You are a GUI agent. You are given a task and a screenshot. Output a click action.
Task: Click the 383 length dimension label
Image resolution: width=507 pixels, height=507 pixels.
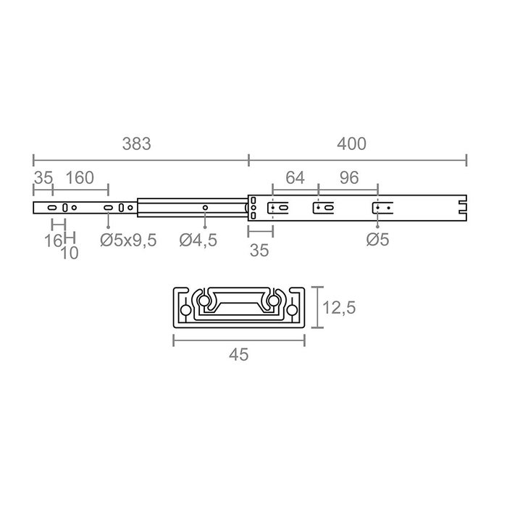[x=136, y=144]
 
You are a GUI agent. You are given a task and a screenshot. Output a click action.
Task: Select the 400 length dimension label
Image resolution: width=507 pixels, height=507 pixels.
[x=351, y=144]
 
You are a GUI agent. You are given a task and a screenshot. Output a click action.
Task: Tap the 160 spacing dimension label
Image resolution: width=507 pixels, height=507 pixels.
[x=80, y=178]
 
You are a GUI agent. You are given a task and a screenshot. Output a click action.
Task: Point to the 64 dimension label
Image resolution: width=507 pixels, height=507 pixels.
[x=295, y=178]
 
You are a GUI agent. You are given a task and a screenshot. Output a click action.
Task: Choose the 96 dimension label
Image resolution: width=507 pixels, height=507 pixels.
[x=349, y=178]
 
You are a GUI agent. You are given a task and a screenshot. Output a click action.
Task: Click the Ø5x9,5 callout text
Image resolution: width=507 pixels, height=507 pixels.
[x=128, y=240]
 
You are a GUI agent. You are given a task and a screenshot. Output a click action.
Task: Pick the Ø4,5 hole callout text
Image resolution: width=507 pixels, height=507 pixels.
[x=198, y=240]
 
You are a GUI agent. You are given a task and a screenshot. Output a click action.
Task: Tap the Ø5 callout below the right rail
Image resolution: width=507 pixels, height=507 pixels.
[x=377, y=240]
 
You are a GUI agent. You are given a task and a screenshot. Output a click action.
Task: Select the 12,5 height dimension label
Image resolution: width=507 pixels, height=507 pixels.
[x=339, y=308]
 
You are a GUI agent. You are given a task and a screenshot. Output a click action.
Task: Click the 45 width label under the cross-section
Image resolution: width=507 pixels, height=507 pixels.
[x=238, y=355]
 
